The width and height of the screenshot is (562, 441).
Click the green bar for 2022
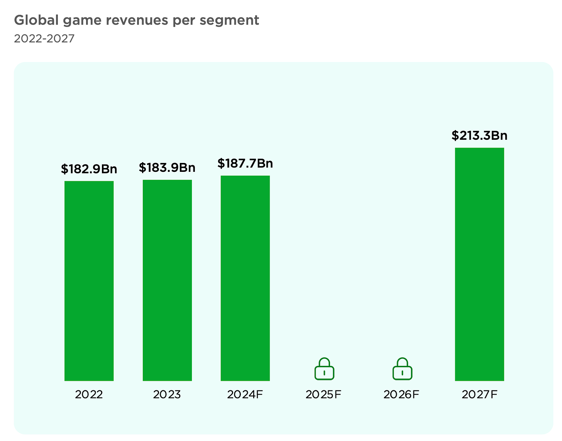coord(89,281)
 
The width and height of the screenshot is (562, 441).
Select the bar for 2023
coord(167,280)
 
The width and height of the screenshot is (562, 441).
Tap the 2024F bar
coord(245,278)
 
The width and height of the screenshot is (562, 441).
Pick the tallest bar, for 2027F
coord(479,264)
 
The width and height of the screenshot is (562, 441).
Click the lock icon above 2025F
coord(324,369)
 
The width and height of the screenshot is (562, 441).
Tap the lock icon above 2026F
coord(402,369)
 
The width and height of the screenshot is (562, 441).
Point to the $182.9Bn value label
coord(89,169)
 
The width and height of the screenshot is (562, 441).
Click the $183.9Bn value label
coord(167,168)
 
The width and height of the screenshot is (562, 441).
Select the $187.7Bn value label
coord(245,163)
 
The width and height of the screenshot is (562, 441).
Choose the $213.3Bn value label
coord(479,136)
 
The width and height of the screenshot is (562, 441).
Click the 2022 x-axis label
coord(89,394)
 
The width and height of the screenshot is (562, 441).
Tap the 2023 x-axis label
coord(167,394)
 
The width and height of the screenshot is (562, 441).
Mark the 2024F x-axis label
coord(245,394)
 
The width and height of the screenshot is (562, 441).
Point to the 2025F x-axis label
coord(323,394)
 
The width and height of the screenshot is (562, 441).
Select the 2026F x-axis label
coord(401,394)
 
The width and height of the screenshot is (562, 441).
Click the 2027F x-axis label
coord(479,394)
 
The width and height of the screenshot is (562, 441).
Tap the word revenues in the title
coord(134,20)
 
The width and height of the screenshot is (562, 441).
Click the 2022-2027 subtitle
coord(44,39)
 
